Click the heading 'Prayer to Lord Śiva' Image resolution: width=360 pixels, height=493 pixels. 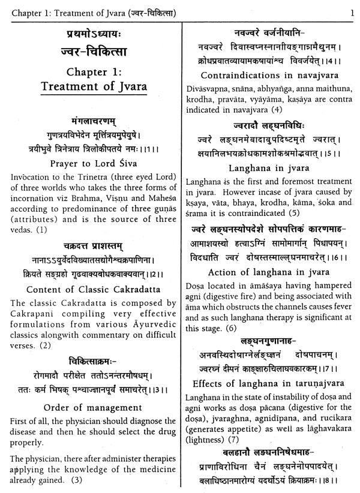click(90, 163)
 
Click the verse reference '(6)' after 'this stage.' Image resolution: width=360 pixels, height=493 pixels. click(229, 328)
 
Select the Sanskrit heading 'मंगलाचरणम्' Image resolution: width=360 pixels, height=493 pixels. click(91, 121)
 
